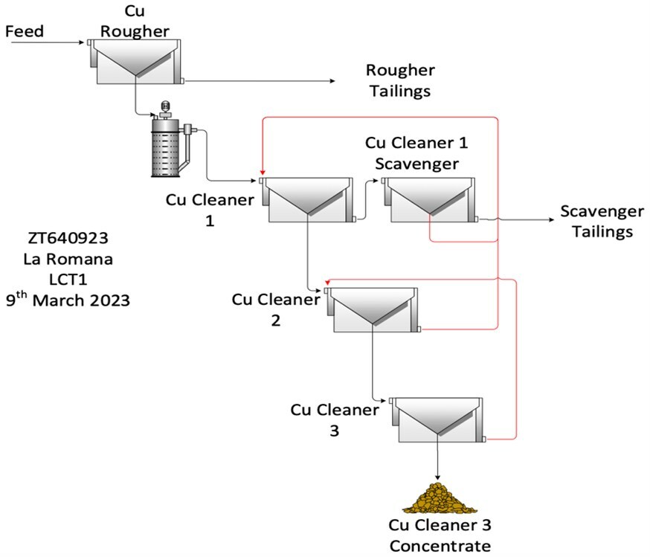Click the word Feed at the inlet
[x=25, y=31]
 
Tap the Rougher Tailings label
[x=399, y=80]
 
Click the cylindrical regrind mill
[x=167, y=147]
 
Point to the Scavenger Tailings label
[x=597, y=222]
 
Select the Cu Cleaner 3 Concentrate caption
[x=440, y=535]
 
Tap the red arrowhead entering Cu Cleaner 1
[x=262, y=175]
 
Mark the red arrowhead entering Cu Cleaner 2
[x=326, y=284]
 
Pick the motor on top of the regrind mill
[x=164, y=109]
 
